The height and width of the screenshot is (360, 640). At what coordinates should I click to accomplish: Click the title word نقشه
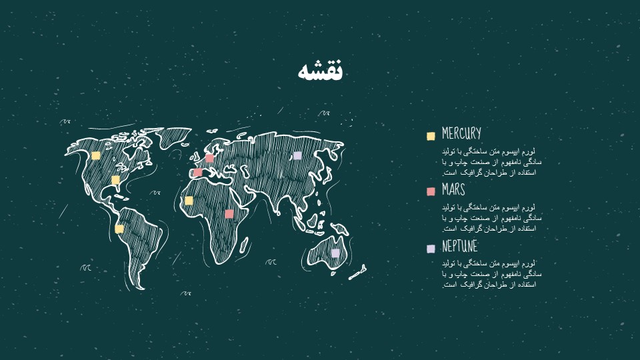320,71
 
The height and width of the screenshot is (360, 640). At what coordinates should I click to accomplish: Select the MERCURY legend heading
461,134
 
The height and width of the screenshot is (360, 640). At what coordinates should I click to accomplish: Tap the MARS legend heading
453,191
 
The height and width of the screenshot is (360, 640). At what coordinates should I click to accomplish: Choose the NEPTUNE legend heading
460,247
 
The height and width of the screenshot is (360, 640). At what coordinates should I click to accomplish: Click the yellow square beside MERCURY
431,136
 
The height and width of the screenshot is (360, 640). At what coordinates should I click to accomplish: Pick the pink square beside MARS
431,192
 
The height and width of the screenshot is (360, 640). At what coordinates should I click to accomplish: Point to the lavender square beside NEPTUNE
431,249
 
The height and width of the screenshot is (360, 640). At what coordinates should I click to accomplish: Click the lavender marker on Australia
335,253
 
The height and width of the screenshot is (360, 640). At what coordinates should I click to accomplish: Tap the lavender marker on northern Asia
297,155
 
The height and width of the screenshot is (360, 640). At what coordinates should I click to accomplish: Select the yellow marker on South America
119,229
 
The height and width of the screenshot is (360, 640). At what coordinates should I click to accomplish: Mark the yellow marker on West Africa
189,201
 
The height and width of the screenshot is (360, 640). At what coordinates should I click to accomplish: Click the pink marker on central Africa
229,214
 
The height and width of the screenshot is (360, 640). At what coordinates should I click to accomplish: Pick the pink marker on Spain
197,173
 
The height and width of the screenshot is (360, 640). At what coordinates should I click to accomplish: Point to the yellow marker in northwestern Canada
96,155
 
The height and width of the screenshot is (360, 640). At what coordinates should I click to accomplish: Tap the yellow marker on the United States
115,180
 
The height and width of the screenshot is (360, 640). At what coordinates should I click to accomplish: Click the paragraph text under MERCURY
491,162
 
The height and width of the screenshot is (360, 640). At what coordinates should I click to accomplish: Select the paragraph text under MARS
491,218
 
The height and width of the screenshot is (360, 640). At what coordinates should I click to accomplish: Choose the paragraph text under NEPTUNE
491,274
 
